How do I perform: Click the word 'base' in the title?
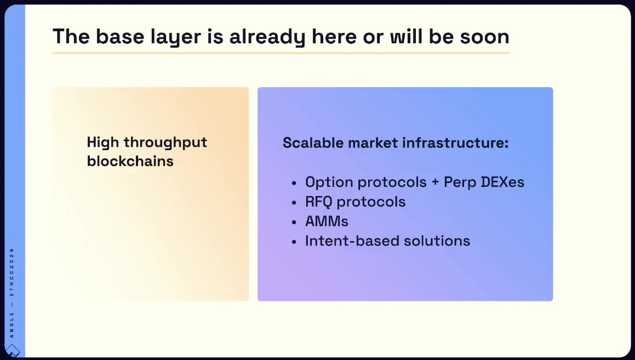tap(120, 37)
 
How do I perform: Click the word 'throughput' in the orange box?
tap(165, 142)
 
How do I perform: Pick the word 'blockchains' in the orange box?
tap(130, 161)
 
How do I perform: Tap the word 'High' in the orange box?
tap(103, 142)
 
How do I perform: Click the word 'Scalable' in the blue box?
tap(313, 142)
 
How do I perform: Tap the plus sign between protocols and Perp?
tap(436, 182)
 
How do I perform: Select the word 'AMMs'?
tap(327, 221)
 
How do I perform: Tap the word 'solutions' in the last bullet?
tap(437, 241)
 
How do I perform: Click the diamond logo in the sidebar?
tap(12, 351)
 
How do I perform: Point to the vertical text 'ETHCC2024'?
tap(12, 272)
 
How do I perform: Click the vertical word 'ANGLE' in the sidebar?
tap(12, 325)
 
